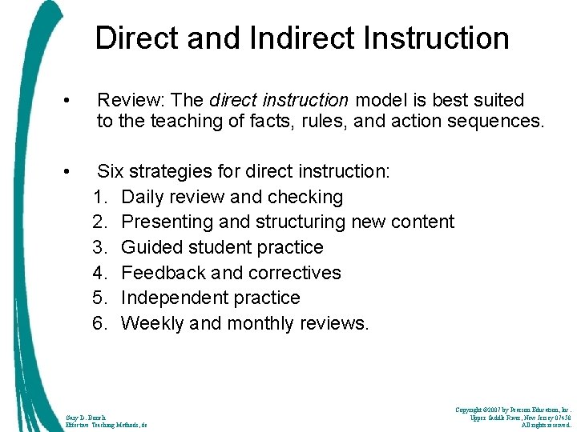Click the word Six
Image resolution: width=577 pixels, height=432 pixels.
click(111, 171)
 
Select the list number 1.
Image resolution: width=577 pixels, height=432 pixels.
click(101, 197)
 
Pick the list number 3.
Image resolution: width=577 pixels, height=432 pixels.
click(101, 247)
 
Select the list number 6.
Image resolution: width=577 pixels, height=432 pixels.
click(101, 323)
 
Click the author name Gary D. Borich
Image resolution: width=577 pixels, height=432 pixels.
click(85, 416)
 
